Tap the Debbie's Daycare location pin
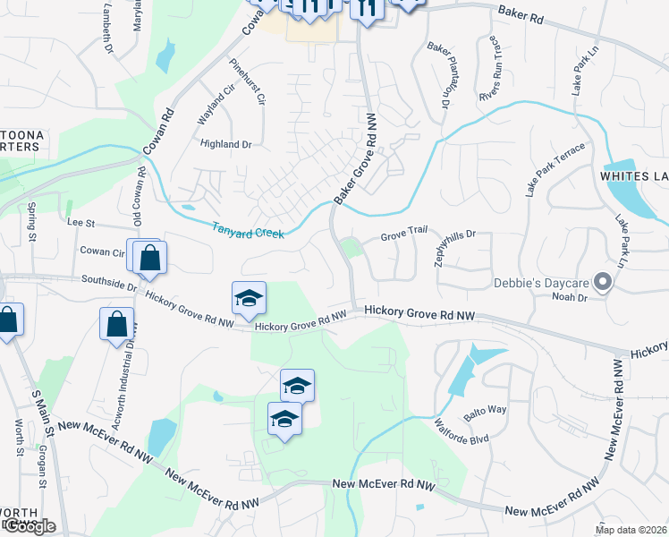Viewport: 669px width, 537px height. (603, 283)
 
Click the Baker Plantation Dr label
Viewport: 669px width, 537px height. (437, 74)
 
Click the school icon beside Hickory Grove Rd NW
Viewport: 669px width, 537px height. (249, 298)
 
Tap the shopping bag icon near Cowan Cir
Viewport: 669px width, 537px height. (150, 257)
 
